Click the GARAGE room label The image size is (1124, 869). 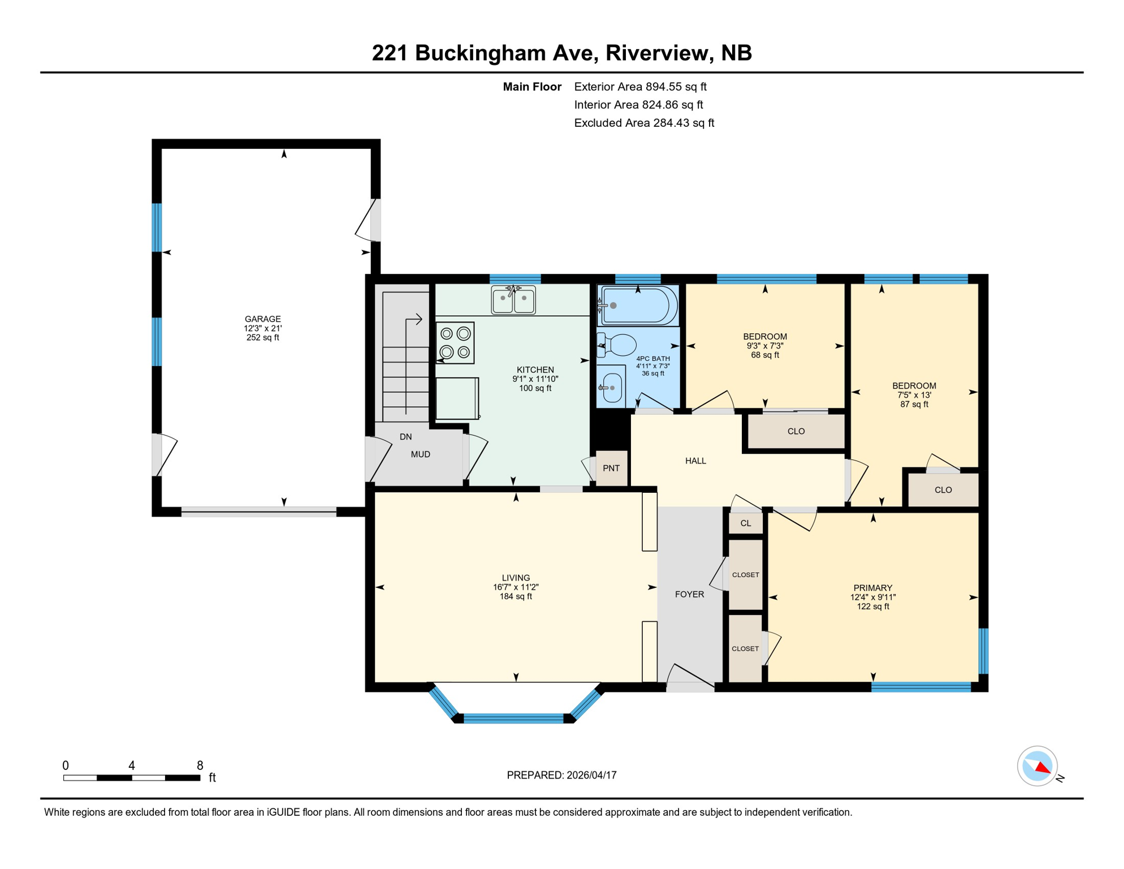[262, 319]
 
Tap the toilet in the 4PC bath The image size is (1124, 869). [619, 345]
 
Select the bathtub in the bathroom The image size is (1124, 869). [639, 306]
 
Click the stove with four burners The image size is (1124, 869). [455, 343]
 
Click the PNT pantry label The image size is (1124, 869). [611, 468]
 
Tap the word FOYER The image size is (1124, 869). [689, 594]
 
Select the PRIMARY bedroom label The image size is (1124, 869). [872, 588]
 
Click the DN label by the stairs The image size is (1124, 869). [405, 437]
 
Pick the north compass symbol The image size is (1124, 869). [1037, 766]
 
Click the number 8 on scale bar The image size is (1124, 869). [200, 765]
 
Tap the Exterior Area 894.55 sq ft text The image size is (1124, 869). [640, 87]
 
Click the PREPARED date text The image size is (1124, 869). [561, 775]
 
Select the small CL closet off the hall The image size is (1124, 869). [746, 523]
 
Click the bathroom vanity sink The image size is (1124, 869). [613, 388]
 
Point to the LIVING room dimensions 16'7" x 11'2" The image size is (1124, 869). [515, 587]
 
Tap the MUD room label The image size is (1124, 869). [420, 454]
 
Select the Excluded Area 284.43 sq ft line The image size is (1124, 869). [644, 123]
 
